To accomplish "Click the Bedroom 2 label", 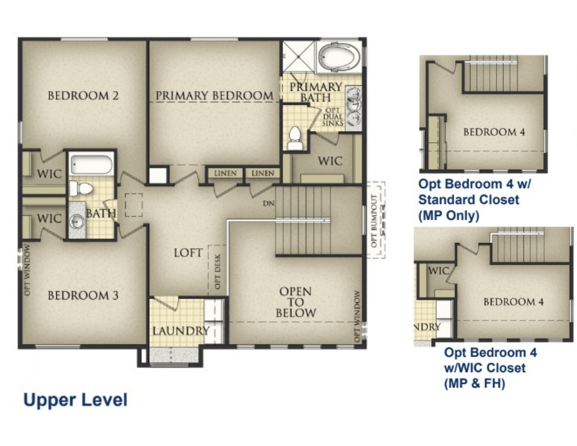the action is [83, 96].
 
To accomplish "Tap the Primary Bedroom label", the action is [214, 96].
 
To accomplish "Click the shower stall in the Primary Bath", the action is [299, 56].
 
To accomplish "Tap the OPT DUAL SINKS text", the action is [333, 117].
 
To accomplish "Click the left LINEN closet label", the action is [225, 173].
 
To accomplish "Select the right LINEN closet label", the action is [263, 173].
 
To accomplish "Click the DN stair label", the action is [268, 204].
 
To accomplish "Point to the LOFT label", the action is [188, 253].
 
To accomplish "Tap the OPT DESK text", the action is [217, 271].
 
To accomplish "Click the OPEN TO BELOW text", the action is [296, 302].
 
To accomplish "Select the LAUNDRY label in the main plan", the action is [181, 331].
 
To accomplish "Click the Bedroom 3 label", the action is [83, 296].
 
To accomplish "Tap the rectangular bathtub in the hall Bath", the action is [91, 165].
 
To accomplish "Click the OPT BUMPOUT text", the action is [374, 221].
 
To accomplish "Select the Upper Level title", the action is [75, 400].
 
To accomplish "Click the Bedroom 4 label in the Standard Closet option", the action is [494, 132].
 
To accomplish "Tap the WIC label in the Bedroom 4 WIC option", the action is [439, 271].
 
